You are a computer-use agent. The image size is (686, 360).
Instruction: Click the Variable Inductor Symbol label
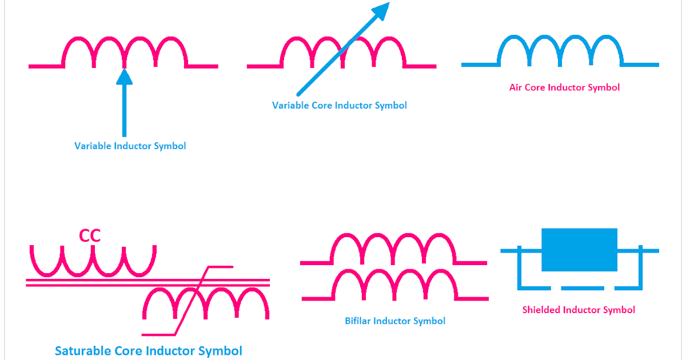[x=130, y=146]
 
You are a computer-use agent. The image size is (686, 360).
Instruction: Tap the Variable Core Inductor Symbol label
[x=340, y=105]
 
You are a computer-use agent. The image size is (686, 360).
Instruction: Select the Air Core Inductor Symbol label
[x=564, y=87]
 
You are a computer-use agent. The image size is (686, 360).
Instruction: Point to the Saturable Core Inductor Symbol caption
[x=149, y=350]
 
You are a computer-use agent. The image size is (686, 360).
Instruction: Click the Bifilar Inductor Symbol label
[x=395, y=321]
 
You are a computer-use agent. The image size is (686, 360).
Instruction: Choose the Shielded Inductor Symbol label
[x=579, y=310]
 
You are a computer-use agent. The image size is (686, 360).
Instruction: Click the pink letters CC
[x=90, y=235]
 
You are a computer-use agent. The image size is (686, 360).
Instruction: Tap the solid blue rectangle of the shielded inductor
[x=579, y=250]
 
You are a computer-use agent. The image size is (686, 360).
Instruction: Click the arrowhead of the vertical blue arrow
[x=124, y=77]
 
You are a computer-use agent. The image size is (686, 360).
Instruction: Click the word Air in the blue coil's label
[x=517, y=87]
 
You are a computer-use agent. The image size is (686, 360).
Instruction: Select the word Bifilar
[x=358, y=321]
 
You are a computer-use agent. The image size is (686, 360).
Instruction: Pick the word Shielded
[x=541, y=310]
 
